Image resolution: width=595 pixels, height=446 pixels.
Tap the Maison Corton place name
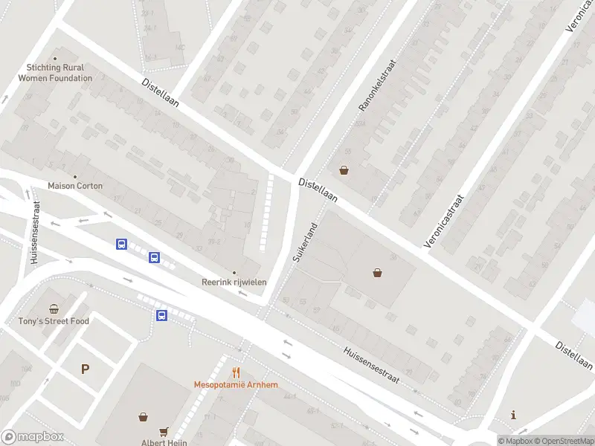point(75,185)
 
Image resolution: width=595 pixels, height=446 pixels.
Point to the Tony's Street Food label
point(54,321)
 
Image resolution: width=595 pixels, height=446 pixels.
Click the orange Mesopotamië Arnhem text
point(236,385)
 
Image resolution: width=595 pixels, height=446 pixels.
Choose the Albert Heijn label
point(164,442)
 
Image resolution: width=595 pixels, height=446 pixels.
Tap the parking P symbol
point(85,369)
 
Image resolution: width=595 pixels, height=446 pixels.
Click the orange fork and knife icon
point(236,373)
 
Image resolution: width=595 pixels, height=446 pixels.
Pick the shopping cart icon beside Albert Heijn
point(164,431)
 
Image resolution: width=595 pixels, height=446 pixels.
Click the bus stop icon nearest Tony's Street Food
point(161,315)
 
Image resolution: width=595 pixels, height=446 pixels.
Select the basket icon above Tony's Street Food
point(54,309)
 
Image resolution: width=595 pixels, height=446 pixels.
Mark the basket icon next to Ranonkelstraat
point(344,169)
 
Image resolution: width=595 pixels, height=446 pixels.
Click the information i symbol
point(513,414)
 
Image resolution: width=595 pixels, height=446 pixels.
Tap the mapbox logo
point(32,437)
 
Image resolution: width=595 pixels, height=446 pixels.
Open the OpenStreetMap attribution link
point(562,441)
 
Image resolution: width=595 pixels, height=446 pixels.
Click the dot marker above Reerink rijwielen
point(234,273)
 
